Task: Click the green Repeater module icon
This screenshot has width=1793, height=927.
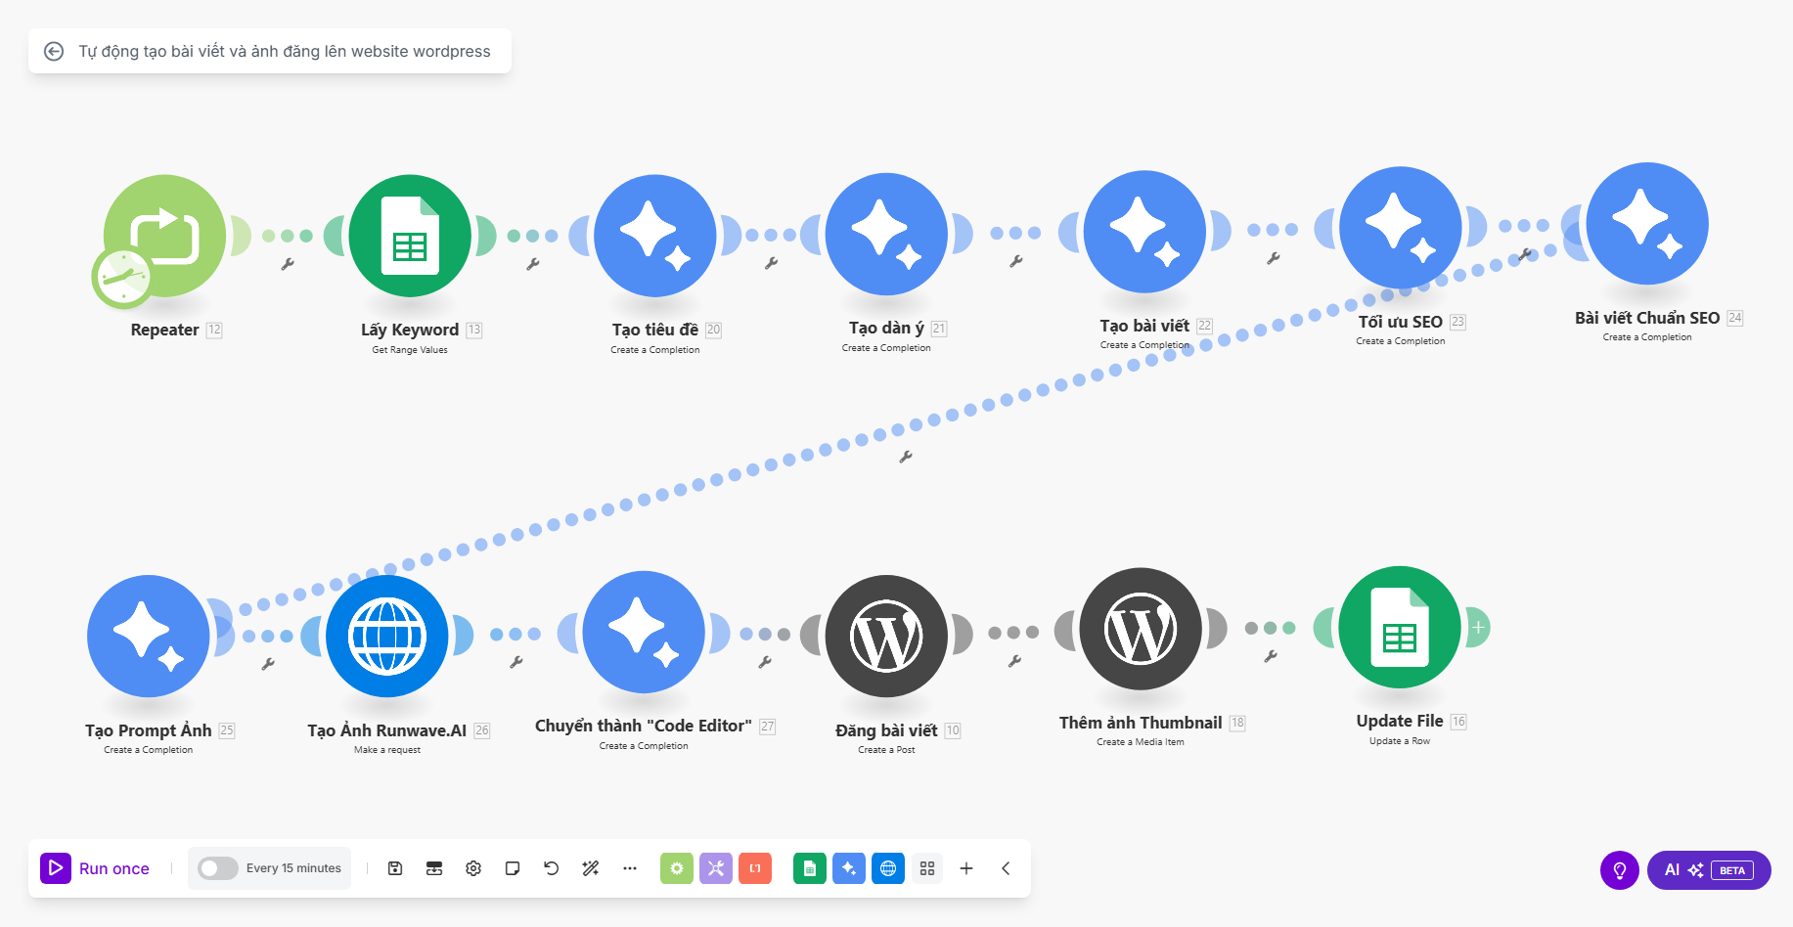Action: coord(165,236)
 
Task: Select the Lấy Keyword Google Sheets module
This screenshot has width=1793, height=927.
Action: coord(410,236)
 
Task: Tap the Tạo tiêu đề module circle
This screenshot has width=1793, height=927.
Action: coord(655,236)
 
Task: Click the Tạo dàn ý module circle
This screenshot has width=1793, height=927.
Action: coord(886,234)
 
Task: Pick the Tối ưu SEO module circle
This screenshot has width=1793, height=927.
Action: coord(1401,228)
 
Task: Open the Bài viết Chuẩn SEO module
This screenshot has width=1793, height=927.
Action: coord(1647,224)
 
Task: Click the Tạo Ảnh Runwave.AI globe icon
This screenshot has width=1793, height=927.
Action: coord(387,637)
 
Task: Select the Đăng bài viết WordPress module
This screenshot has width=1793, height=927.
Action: coord(886,637)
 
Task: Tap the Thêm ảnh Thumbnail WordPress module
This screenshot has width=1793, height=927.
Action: coord(1141,629)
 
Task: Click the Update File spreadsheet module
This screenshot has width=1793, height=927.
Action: coord(1400,627)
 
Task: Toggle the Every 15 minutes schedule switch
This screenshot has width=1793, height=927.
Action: coord(217,868)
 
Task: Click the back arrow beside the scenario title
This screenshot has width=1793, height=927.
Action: coord(54,51)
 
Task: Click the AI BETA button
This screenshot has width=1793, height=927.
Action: coord(1709,870)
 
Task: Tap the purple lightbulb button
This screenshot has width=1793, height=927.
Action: coord(1620,870)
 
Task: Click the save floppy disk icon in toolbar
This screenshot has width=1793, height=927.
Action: coord(395,868)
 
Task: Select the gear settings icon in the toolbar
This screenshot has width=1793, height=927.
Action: coord(473,868)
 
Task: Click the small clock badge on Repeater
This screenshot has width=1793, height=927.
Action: coord(121,278)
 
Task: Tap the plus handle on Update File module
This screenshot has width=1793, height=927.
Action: coord(1478,627)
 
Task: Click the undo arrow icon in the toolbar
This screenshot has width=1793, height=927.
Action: coord(552,868)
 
